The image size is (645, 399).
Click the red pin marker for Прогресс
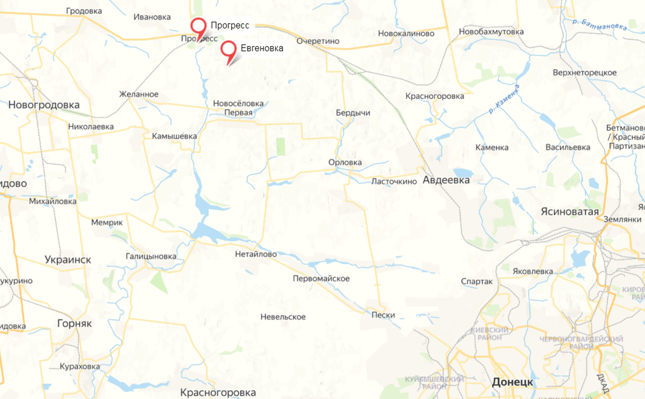[198, 26]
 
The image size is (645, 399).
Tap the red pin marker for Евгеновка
[228, 49]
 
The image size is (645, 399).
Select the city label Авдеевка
[446, 180]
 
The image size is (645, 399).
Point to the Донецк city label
[512, 381]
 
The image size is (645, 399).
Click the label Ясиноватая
[570, 211]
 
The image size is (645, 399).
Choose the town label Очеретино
[318, 41]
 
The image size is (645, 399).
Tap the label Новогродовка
[44, 105]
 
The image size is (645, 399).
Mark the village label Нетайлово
[256, 254]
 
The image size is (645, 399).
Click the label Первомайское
[321, 279]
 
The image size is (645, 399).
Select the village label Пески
[383, 315]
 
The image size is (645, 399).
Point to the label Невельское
[283, 317]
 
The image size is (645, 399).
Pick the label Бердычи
[353, 113]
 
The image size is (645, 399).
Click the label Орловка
[345, 163]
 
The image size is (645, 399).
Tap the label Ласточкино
[394, 181]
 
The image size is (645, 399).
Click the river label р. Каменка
[504, 100]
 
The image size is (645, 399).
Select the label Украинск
[68, 259]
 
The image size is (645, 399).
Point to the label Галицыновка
[151, 256]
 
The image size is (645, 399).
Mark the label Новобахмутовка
[491, 32]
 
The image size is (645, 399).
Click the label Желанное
[139, 94]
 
